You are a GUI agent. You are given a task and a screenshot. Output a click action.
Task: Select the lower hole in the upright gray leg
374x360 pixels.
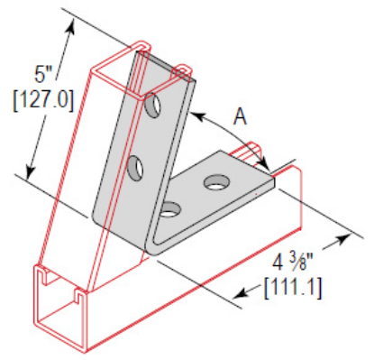[x=138, y=167]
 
